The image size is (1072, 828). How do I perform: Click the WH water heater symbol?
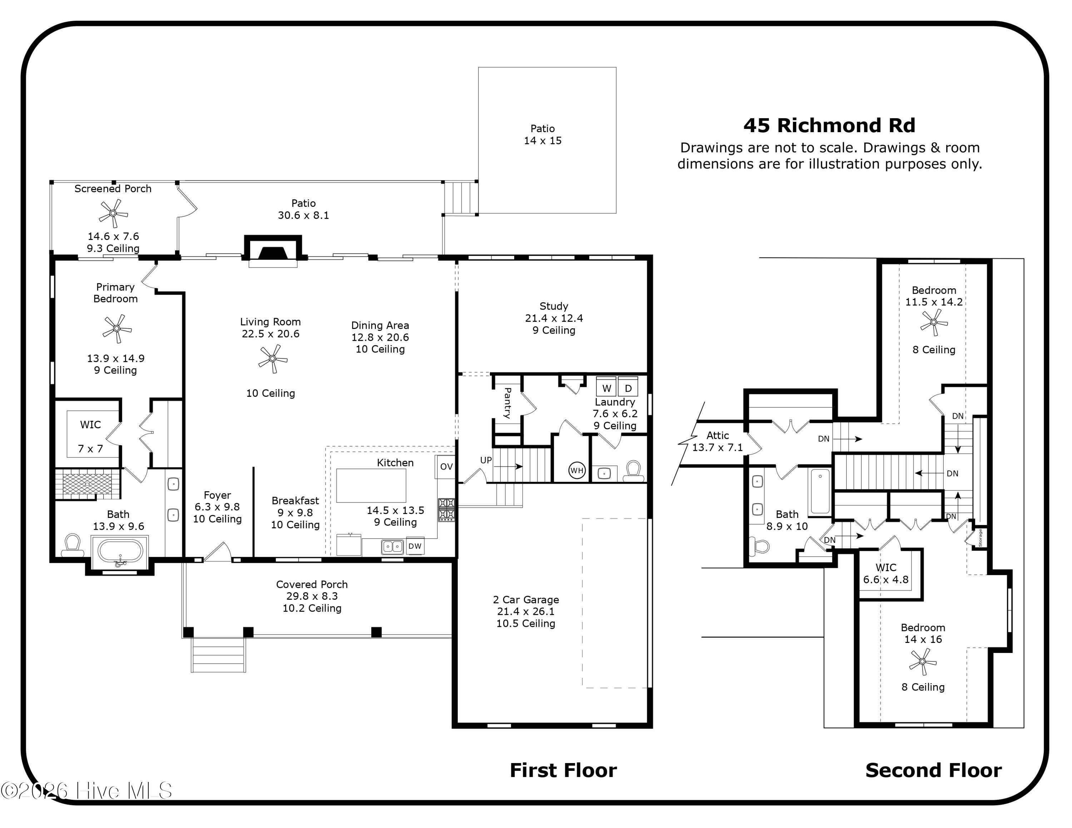click(577, 470)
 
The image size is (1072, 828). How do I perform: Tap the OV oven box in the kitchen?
click(446, 467)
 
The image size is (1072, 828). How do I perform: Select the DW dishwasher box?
click(415, 546)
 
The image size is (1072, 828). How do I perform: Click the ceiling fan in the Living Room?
click(272, 359)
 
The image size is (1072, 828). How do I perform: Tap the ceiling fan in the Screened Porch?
click(113, 213)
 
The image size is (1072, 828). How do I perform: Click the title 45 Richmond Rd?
click(829, 126)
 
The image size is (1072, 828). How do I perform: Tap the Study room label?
click(554, 306)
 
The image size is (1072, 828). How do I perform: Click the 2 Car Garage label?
click(526, 599)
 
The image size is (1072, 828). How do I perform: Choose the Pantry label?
click(507, 403)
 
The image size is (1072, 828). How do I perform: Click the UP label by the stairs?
click(486, 460)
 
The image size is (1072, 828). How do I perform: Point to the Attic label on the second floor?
click(717, 435)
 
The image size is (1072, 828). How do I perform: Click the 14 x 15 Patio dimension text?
click(542, 141)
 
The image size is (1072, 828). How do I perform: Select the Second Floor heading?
click(933, 770)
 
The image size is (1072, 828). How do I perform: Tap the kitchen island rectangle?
click(371, 485)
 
